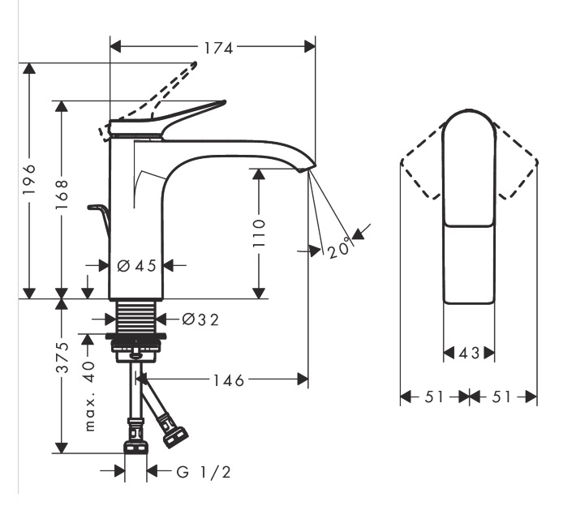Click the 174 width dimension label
[x=213, y=48]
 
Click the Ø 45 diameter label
[x=136, y=265]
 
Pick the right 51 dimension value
[x=505, y=397]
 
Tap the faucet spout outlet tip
[x=307, y=169]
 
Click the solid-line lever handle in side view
[x=174, y=118]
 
